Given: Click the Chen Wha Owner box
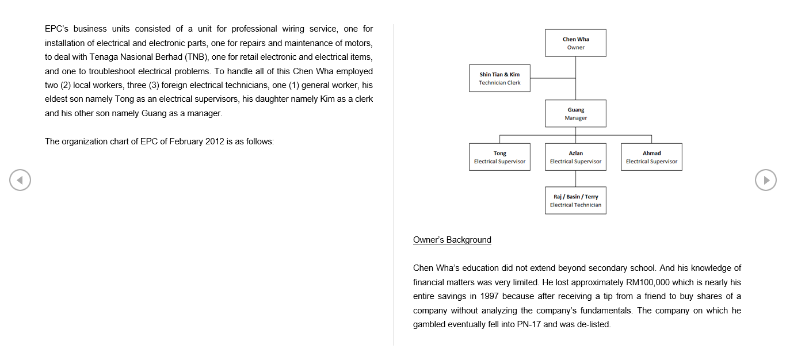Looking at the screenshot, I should [575, 43].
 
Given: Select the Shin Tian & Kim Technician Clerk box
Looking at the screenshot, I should [499, 78].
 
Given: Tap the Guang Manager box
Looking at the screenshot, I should [575, 113].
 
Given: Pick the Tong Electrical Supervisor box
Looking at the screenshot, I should [499, 157].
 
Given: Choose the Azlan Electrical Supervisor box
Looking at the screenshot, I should [575, 157].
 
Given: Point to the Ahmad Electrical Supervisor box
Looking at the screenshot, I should [651, 157].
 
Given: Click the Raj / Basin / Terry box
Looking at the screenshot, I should [575, 201].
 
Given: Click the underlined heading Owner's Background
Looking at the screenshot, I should [452, 240].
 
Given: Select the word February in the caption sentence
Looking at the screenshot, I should [186, 141].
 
